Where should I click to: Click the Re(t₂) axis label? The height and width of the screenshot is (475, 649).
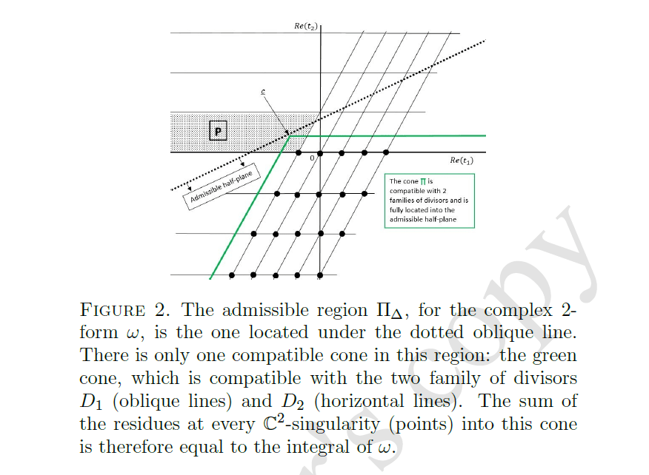pos(305,26)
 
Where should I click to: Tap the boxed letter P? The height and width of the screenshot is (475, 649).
pos(218,132)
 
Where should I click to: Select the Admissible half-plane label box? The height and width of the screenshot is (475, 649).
pos(222,188)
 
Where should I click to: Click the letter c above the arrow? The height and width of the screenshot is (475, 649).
pos(262,92)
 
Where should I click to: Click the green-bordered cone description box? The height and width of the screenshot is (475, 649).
pos(429,200)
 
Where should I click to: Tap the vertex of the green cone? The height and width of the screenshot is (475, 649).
pos(290,136)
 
